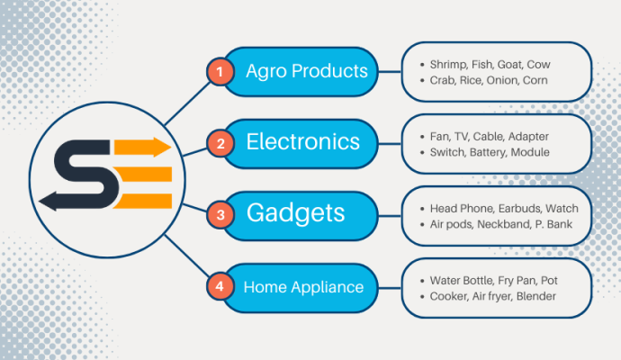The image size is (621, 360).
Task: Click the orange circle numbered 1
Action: [217, 71]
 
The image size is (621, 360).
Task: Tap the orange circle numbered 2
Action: [217, 143]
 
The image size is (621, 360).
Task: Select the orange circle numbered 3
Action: [217, 215]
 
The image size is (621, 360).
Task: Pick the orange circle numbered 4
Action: [217, 287]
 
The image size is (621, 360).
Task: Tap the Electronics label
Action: [302, 142]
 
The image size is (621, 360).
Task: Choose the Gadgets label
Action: [296, 214]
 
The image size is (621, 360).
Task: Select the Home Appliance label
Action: [303, 287]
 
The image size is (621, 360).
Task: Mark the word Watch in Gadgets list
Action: [562, 208]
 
